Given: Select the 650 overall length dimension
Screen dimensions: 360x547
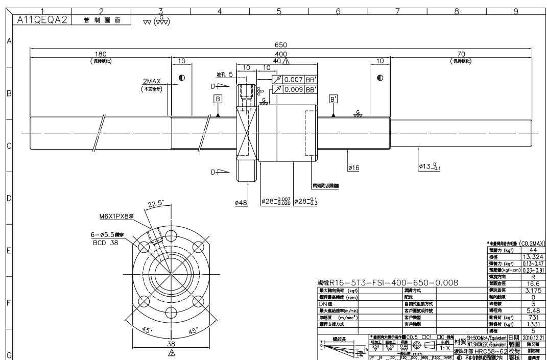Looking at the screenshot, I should [x=281, y=44].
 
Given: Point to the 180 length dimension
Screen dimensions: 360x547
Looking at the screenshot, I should [x=101, y=54].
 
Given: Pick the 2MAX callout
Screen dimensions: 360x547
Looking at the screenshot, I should [x=153, y=82].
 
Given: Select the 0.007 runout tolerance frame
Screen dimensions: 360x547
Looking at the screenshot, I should [x=294, y=80].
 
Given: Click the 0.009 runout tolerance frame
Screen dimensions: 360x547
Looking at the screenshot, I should [x=294, y=90].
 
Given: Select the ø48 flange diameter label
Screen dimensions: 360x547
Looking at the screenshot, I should [x=241, y=203].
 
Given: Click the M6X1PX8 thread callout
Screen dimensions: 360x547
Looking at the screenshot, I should [x=119, y=216].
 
